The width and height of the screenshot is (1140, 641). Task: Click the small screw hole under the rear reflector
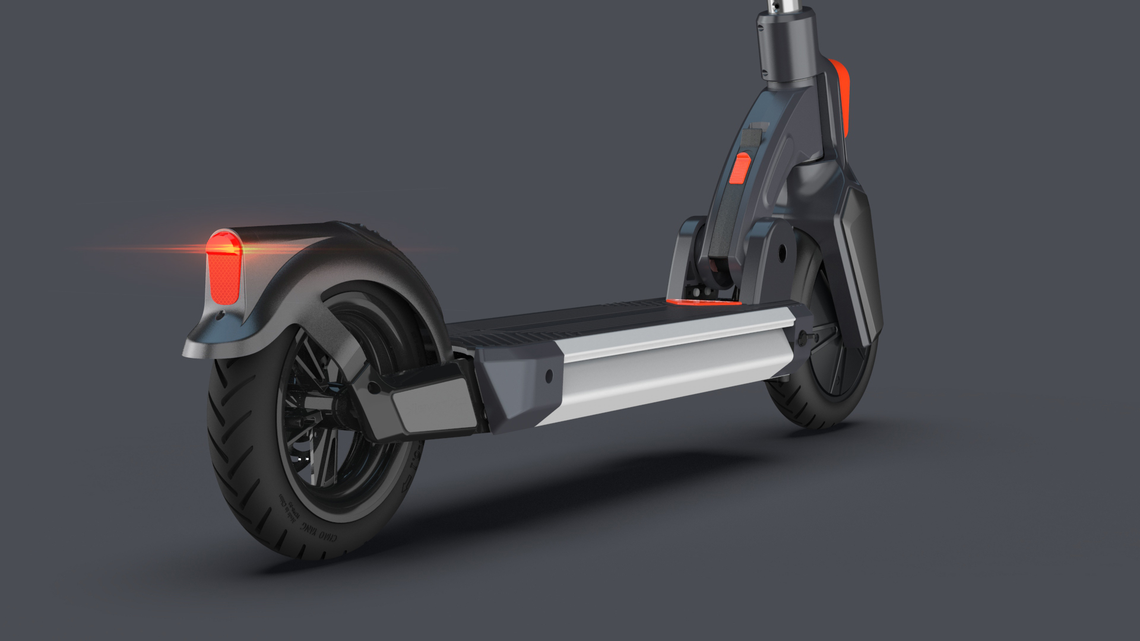pyautogui.click(x=223, y=318)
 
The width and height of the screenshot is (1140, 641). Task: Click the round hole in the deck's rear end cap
pyautogui.click(x=548, y=375)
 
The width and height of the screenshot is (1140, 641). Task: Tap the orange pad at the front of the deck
pyautogui.click(x=701, y=302)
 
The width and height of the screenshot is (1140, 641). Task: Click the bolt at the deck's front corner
pyautogui.click(x=806, y=338)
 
